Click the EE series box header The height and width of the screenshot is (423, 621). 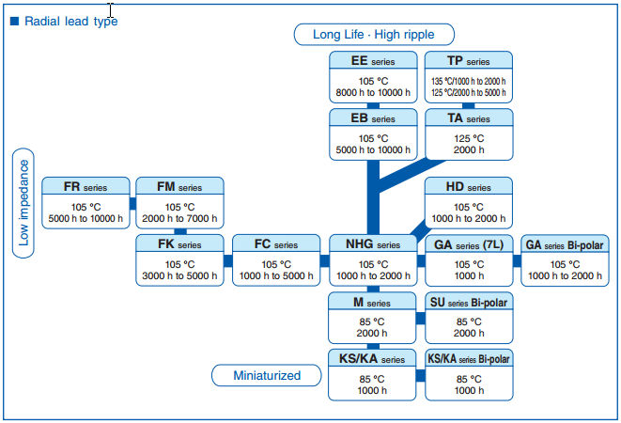pyautogui.click(x=373, y=60)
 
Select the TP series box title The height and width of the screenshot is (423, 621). pyautogui.click(x=469, y=61)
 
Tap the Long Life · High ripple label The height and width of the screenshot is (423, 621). pyautogui.click(x=374, y=35)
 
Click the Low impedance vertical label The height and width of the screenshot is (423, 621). pyautogui.click(x=23, y=203)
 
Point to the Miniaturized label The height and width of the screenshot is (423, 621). pyautogui.click(x=267, y=375)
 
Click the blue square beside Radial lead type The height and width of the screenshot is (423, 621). pyautogui.click(x=15, y=21)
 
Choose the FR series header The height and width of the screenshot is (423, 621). pyautogui.click(x=85, y=186)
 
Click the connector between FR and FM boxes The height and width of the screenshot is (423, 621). pyautogui.click(x=132, y=203)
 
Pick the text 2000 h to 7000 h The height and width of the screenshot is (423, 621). pyautogui.click(x=179, y=218)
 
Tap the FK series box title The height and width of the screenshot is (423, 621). pyautogui.click(x=179, y=243)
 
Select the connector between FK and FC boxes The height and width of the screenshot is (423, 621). pyautogui.click(x=228, y=261)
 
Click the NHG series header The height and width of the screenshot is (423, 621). pyautogui.click(x=373, y=243)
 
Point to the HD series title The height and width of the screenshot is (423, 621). pyautogui.click(x=469, y=186)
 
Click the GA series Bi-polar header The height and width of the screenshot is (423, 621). pyautogui.click(x=565, y=244)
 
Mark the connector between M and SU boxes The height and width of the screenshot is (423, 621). pyautogui.click(x=421, y=319)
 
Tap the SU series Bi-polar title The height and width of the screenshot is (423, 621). pyautogui.click(x=469, y=302)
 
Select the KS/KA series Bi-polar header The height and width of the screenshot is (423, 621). pyautogui.click(x=469, y=359)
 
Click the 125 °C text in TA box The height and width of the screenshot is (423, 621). pyautogui.click(x=469, y=138)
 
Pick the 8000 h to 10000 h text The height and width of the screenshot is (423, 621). pyautogui.click(x=373, y=93)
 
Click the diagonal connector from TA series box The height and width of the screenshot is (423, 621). pyautogui.click(x=411, y=175)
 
